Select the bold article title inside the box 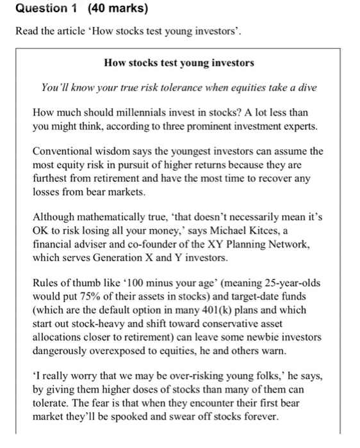pos(179,63)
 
